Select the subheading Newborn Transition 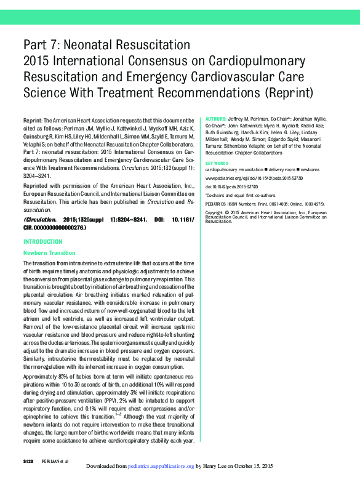49,253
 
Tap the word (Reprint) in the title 288,94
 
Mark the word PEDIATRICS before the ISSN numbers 218,202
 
